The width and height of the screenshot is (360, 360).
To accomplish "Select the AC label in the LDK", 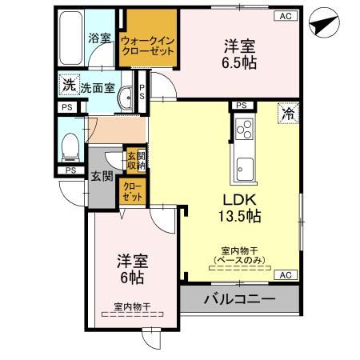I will (x=285, y=274).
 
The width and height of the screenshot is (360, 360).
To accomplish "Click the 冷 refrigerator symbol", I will (x=286, y=114).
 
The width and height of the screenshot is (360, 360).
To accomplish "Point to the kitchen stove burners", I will (x=243, y=127).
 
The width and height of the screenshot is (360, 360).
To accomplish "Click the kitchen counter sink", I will (x=244, y=168).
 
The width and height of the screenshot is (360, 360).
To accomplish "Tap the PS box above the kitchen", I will (x=240, y=105).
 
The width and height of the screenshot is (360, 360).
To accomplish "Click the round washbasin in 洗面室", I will (x=126, y=98).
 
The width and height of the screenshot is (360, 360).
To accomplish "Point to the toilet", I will (x=70, y=146).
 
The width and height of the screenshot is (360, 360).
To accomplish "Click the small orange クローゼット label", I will (x=131, y=191).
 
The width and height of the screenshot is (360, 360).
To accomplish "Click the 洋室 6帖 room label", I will (x=130, y=269).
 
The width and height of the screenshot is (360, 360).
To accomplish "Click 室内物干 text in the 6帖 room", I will (x=132, y=305).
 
